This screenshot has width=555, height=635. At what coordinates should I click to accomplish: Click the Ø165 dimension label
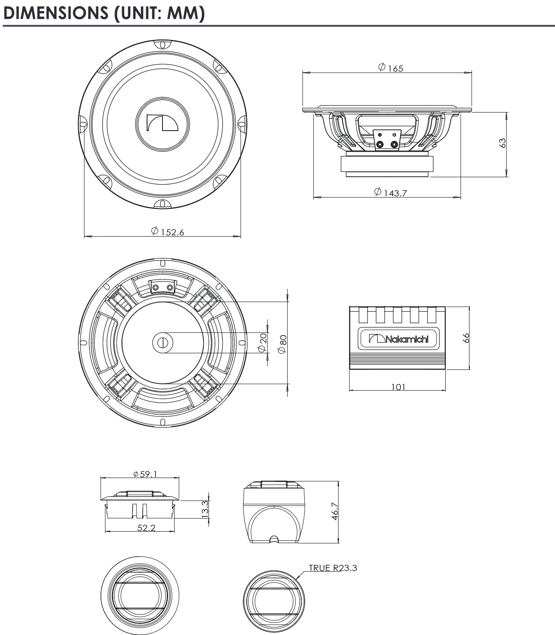[x=390, y=67]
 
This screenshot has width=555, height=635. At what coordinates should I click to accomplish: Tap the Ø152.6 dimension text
[x=168, y=231]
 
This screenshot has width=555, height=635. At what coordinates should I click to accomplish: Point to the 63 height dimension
[x=503, y=143]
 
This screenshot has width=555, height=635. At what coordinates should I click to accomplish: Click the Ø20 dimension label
[x=263, y=343]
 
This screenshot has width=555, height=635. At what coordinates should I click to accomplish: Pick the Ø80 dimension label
[x=283, y=343]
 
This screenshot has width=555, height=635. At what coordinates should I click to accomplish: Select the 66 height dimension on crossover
[x=466, y=338]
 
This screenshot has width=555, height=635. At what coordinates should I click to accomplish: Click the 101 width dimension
[x=398, y=387]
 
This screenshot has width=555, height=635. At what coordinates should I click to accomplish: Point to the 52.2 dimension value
[x=146, y=528]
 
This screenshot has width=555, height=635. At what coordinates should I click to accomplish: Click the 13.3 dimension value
[x=205, y=509]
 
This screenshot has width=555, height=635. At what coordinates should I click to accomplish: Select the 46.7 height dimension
[x=335, y=512]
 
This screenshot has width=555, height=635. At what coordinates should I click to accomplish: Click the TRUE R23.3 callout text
[x=333, y=568]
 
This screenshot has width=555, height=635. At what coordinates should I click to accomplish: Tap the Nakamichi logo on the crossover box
[x=399, y=339]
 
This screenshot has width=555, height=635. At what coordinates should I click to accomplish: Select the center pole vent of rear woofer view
[x=162, y=343]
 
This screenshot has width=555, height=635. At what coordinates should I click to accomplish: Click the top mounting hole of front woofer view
[x=162, y=44]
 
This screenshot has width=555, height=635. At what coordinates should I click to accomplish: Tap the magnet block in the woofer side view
[x=388, y=164]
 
